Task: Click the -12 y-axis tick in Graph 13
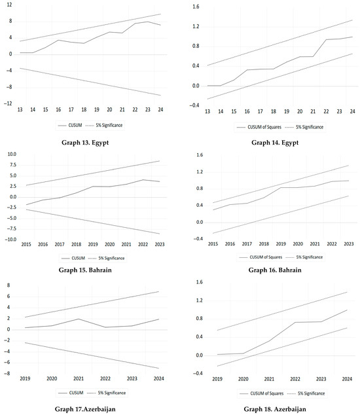coord(7,103)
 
